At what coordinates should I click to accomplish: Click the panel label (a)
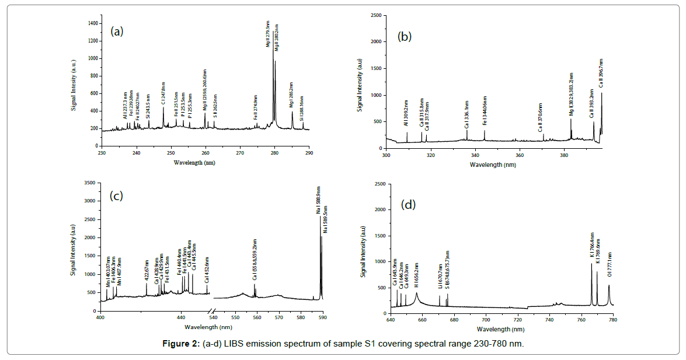pos(117,32)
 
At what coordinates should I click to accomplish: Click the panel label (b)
pos(404,37)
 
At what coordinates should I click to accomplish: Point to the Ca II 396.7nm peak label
pos(601,72)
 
